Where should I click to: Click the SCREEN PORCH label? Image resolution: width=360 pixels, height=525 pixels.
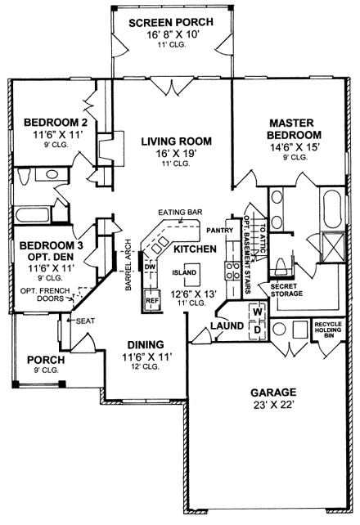point(172,22)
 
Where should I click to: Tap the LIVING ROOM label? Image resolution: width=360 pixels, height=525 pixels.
point(171,140)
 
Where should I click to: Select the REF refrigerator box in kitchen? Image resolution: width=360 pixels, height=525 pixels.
point(151,300)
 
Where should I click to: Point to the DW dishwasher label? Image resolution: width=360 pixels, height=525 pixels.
point(150,267)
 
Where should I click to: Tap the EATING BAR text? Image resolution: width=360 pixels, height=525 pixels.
point(182,213)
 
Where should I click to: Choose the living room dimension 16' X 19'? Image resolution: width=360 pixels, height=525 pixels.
point(171,153)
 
